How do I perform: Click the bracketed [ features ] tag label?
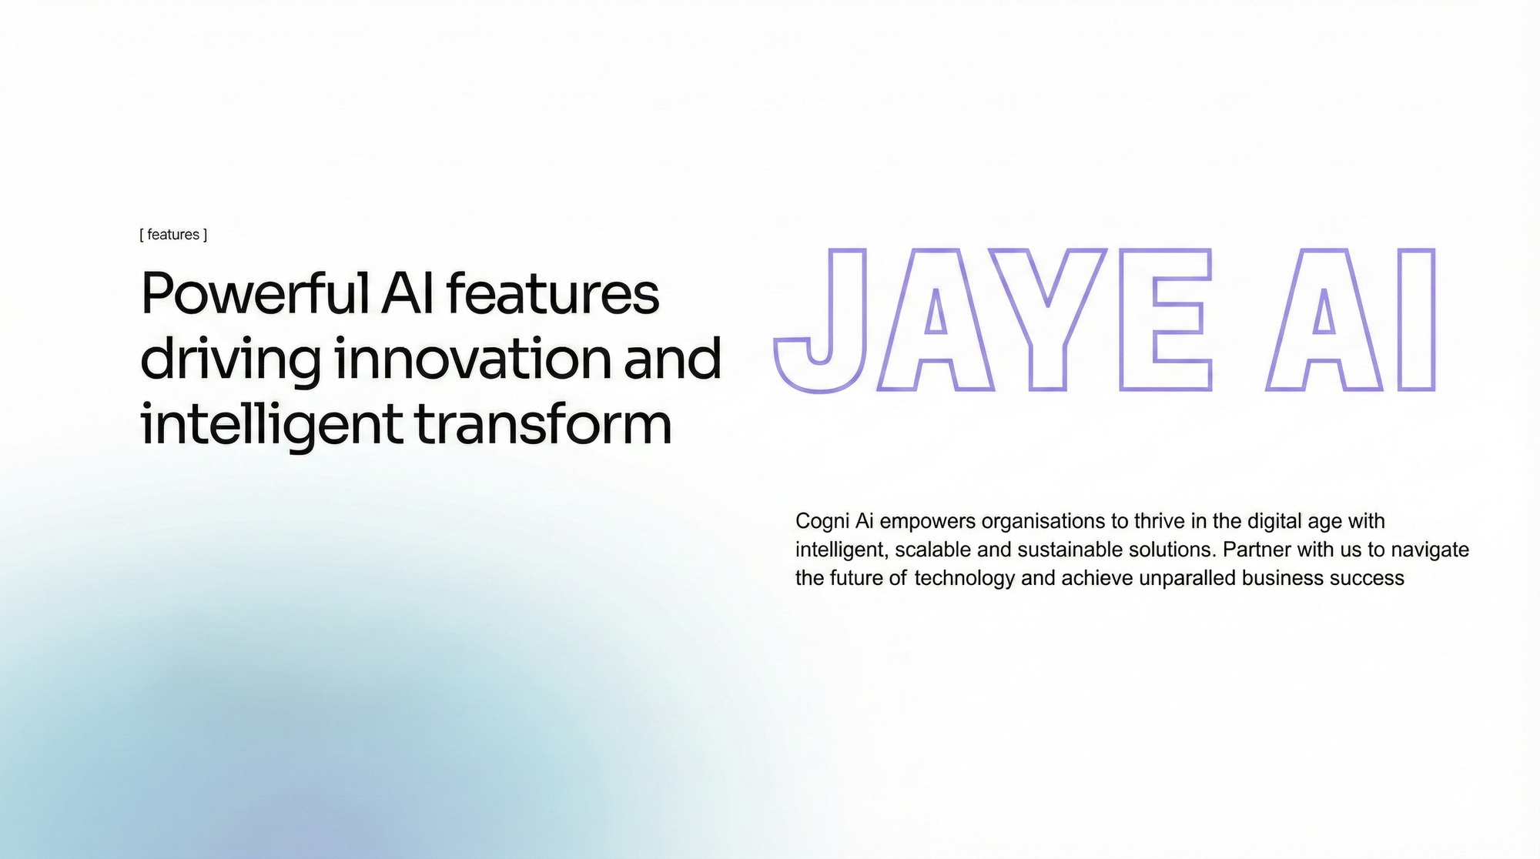coord(173,235)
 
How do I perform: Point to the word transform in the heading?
coord(543,424)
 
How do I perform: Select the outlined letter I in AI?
coord(1416,319)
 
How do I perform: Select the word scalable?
coord(932,550)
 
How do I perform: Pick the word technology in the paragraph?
coord(965,579)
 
